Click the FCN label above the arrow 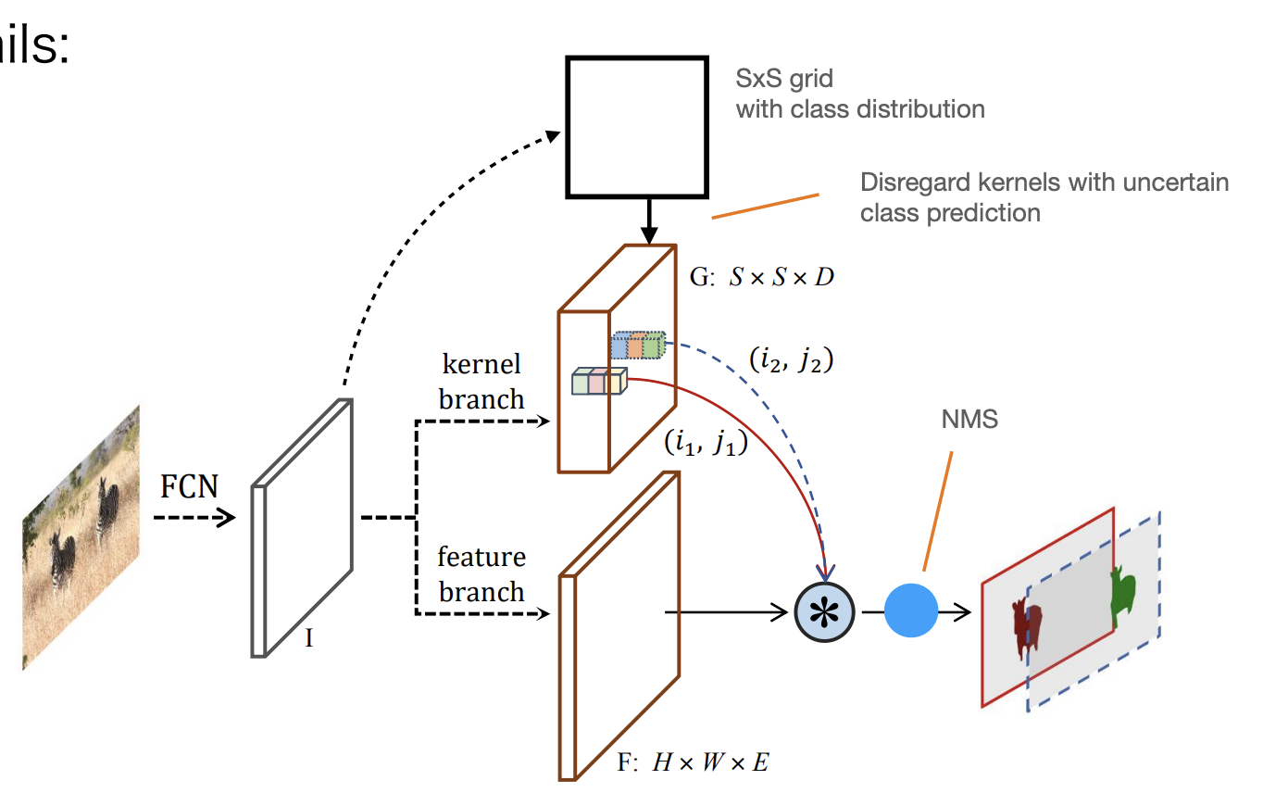point(190,485)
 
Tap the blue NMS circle point(911,610)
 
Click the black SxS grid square point(638,127)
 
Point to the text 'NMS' point(969,419)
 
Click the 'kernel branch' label point(481,381)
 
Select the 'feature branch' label point(481,574)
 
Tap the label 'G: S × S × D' point(762,276)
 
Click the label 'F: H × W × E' point(693,762)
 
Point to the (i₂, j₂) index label point(790,359)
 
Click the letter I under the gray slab point(309,637)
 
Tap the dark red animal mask point(1028,626)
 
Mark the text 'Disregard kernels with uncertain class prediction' point(1044,196)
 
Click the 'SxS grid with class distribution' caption point(859,94)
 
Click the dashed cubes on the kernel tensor point(638,346)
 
